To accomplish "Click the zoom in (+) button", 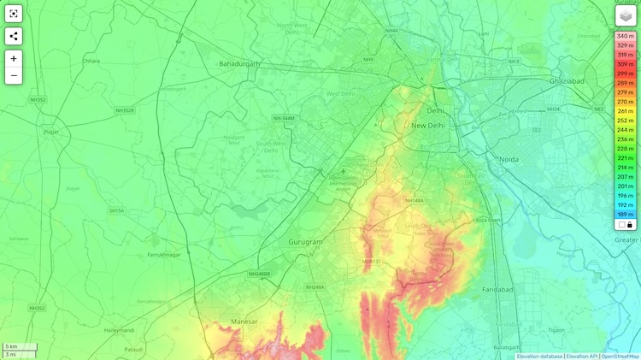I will [x=14, y=58].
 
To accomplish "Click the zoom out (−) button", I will [x=14, y=75].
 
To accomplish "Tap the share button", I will [x=14, y=36].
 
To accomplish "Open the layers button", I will [x=626, y=16].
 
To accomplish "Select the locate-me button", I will [x=14, y=14].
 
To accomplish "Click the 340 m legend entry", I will [x=626, y=36].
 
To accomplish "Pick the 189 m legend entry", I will [x=626, y=215].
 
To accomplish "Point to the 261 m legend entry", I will [x=626, y=111].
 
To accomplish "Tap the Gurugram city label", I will [x=305, y=242].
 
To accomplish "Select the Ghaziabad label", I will [x=567, y=80].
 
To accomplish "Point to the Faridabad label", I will [x=497, y=290].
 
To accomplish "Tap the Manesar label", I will [x=244, y=322].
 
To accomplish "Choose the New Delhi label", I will [x=429, y=125].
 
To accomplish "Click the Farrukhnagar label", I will [x=165, y=255].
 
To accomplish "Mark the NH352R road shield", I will [x=125, y=110].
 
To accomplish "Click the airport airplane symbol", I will [x=344, y=171].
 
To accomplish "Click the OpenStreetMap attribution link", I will [x=620, y=357].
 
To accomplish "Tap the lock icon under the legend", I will [x=630, y=225].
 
